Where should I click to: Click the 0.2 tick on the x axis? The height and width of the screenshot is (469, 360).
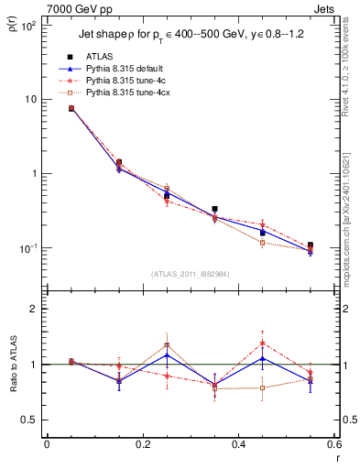pos(142,444)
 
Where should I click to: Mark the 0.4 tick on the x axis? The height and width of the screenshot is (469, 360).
pos(238,444)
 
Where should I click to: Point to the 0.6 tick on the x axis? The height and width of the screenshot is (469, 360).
pos(333,444)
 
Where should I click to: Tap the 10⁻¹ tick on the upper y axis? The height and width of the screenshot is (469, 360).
pos(28,248)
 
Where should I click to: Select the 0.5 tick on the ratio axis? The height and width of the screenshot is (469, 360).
pos(32,420)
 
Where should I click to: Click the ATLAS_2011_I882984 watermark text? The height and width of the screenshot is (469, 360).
pos(191,274)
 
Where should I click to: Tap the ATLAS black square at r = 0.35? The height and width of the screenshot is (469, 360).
pos(214,209)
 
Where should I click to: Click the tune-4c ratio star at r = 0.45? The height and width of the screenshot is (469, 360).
pos(262,344)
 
